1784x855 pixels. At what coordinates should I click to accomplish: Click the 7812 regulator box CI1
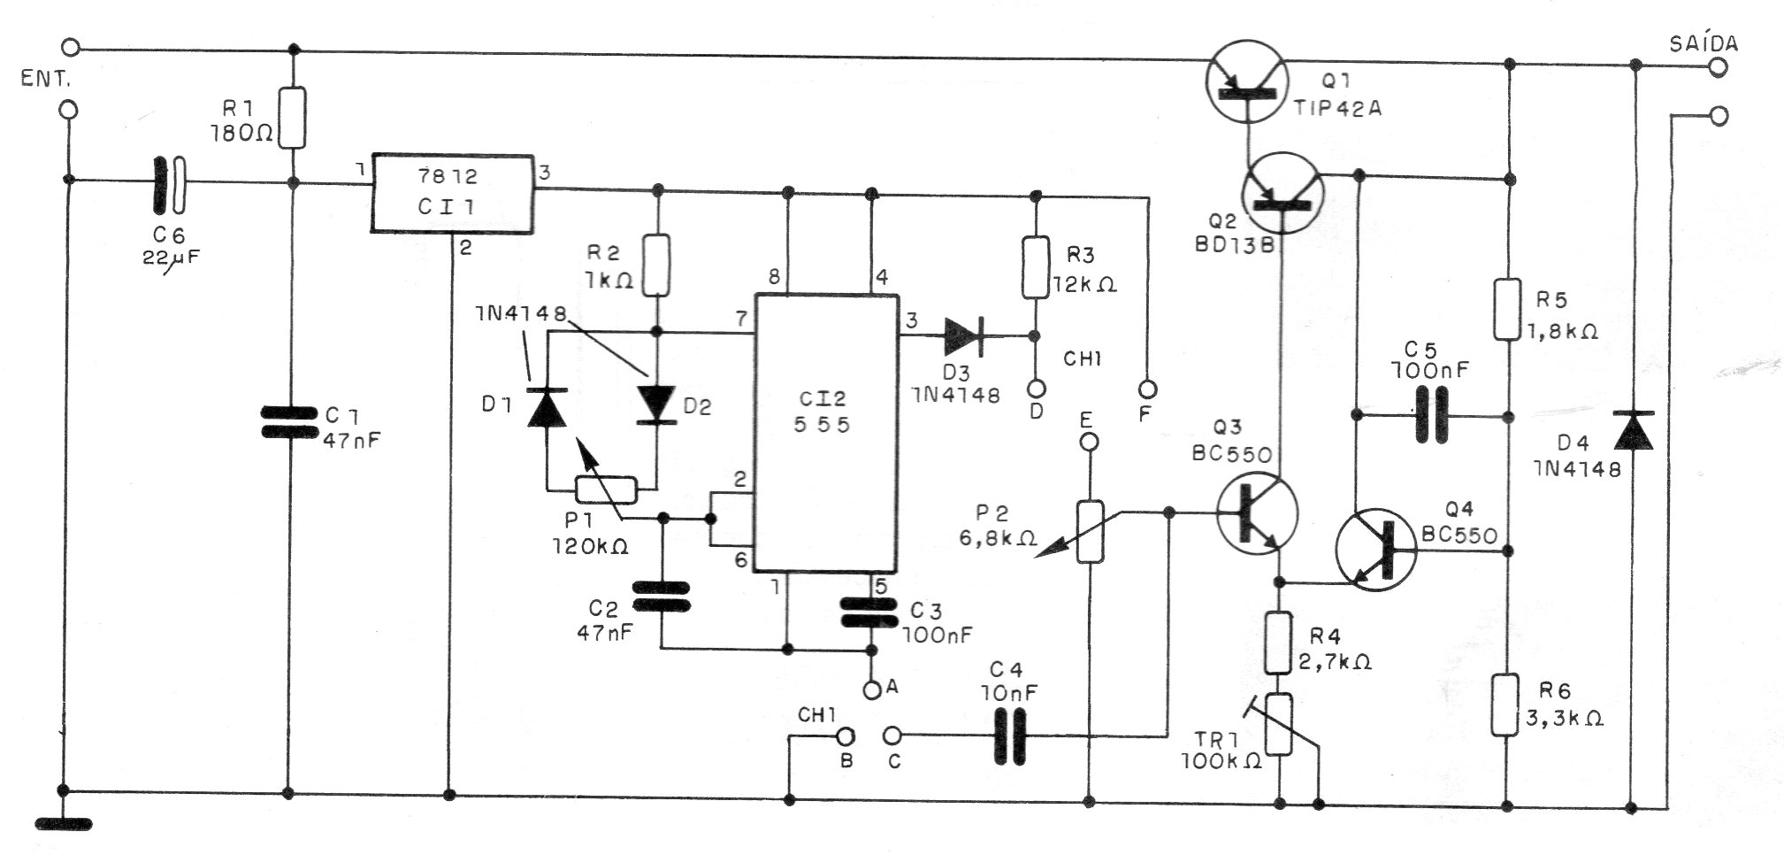452,194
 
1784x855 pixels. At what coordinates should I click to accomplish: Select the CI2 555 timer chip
825,433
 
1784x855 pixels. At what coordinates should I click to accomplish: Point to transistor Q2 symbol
1282,192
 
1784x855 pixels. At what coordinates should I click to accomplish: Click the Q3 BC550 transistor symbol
1256,514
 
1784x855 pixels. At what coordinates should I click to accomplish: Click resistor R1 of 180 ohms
293,118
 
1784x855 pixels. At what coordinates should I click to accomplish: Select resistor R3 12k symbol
1036,266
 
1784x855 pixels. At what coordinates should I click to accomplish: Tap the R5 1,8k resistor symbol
1508,310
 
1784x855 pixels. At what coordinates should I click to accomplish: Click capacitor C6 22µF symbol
169,184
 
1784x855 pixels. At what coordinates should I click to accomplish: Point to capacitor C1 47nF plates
289,421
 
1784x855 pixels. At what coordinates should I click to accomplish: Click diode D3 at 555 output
964,335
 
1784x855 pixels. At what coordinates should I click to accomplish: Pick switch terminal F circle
1148,388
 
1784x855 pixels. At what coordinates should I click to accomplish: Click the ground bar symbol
64,824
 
